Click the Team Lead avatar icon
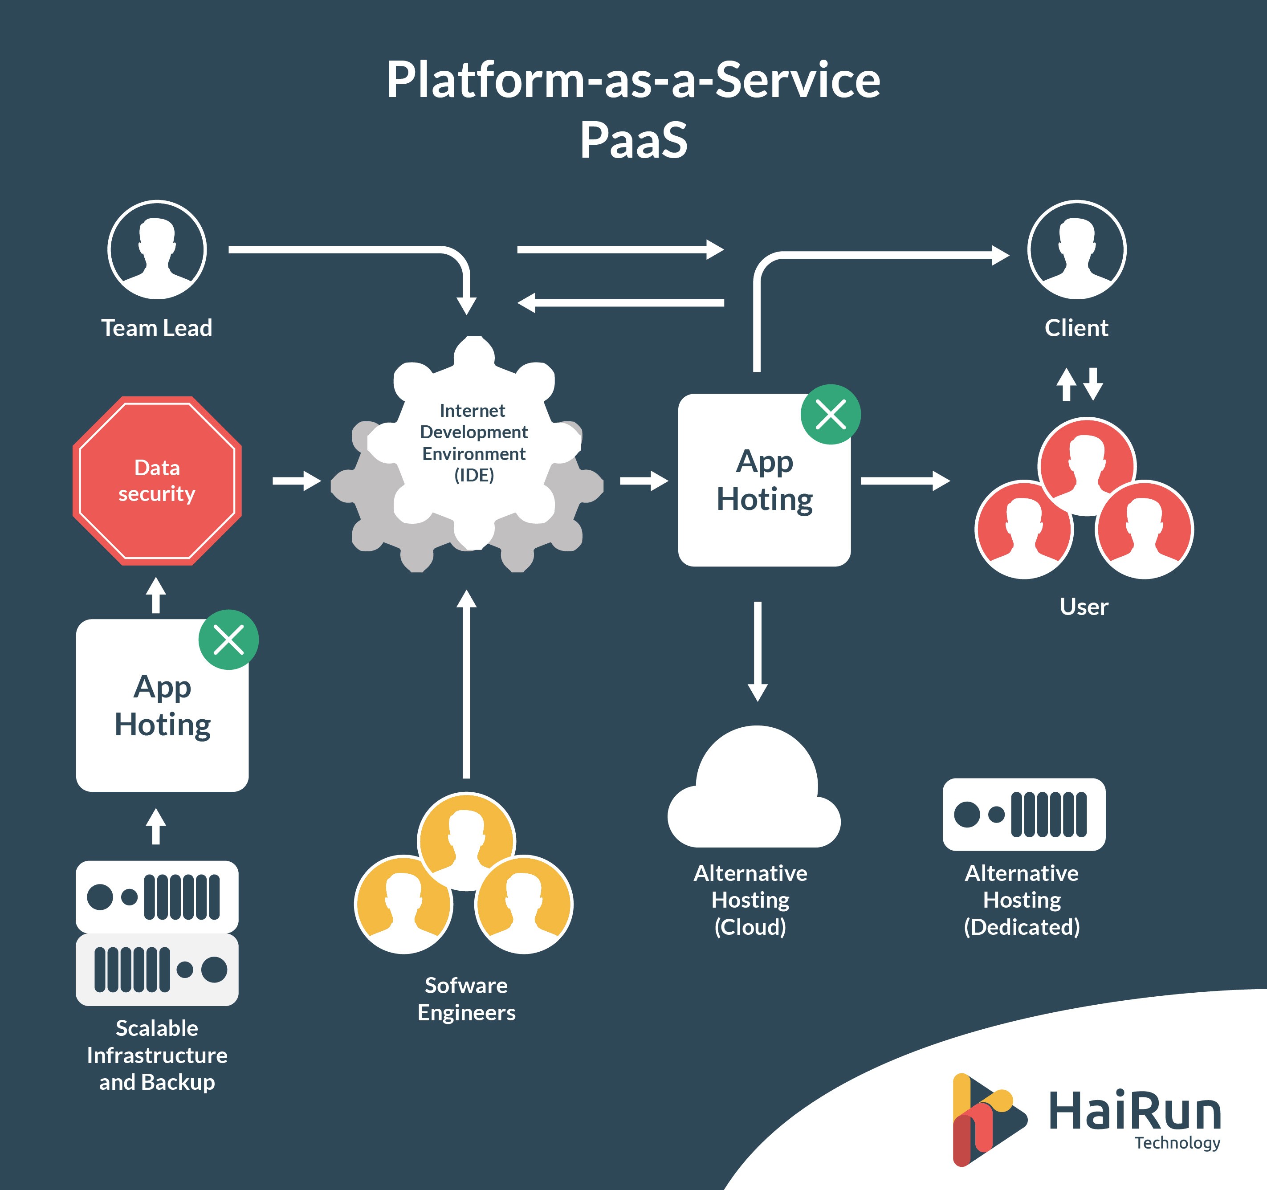tap(157, 250)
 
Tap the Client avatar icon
tap(1076, 250)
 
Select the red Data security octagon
tap(157, 481)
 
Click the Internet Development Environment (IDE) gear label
tap(473, 442)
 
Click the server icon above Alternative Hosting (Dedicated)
tap(1023, 814)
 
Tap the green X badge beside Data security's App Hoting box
tap(228, 639)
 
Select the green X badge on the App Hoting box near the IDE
tap(831, 414)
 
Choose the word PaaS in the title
tap(633, 140)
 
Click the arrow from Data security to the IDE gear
tap(296, 481)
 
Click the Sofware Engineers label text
tap(467, 999)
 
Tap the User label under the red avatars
tap(1084, 606)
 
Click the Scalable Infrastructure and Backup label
tap(157, 1055)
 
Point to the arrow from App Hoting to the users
tap(905, 481)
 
